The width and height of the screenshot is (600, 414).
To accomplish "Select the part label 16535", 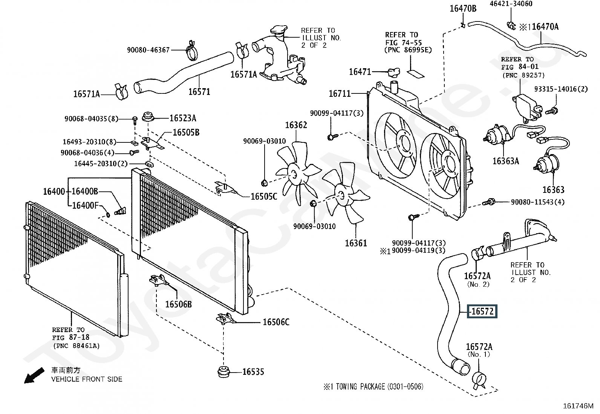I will tap(253, 372).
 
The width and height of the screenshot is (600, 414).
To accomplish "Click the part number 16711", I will tap(340, 93).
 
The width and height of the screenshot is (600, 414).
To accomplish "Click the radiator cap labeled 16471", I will tap(392, 71).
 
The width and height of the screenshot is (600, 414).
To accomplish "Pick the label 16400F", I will tap(86, 205).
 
